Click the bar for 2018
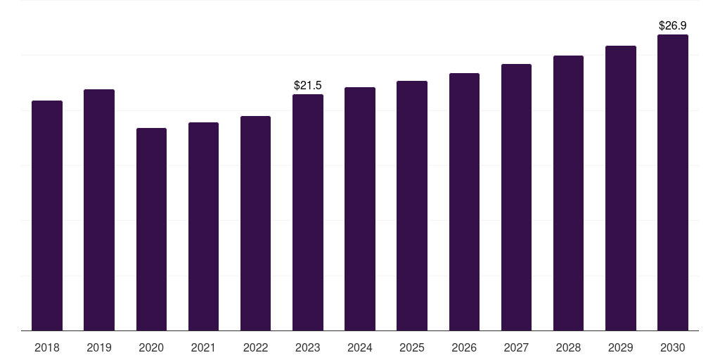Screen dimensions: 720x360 [47, 215]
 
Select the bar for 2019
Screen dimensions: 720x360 [99, 210]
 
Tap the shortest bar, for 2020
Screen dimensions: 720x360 [152, 229]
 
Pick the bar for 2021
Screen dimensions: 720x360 [203, 226]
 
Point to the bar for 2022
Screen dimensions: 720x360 [255, 223]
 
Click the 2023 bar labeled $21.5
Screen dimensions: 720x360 [308, 212]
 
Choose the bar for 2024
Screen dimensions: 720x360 [360, 209]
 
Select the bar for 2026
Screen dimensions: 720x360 [464, 202]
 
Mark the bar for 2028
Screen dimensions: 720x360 [568, 193]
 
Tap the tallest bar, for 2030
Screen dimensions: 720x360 [673, 182]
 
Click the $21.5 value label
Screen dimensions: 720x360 [308, 85]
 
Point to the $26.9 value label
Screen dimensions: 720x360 [673, 26]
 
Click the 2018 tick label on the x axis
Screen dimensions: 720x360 [47, 347]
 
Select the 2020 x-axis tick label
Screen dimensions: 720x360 [151, 347]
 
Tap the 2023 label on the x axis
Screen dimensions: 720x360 [308, 347]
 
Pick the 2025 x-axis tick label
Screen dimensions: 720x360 [412, 347]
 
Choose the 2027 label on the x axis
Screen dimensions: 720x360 [516, 347]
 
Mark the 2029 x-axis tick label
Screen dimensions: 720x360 [620, 347]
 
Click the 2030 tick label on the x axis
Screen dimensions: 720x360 [673, 347]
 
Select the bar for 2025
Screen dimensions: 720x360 [412, 206]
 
